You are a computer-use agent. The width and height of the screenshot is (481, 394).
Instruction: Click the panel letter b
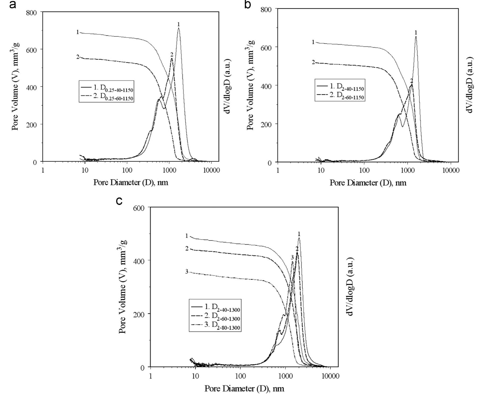point(247,5)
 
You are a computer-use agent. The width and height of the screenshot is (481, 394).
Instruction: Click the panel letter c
point(119,201)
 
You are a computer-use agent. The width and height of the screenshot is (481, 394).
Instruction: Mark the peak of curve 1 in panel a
point(178,28)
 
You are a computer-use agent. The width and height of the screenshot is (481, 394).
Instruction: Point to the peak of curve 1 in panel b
point(416,37)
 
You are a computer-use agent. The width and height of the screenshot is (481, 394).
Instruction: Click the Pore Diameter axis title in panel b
point(368,183)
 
